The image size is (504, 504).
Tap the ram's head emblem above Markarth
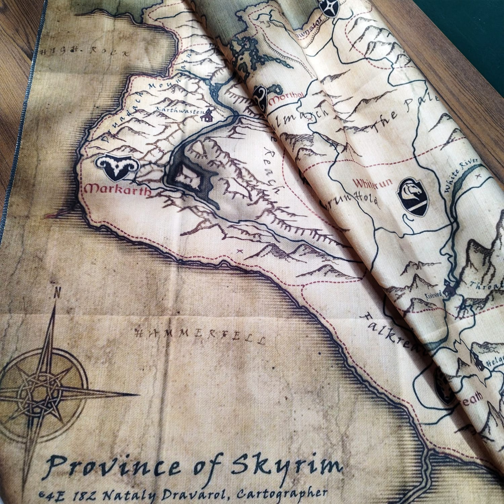pyautogui.click(x=116, y=167)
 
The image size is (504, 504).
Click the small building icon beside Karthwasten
pyautogui.click(x=206, y=116)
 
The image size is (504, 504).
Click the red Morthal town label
pyautogui.click(x=286, y=97)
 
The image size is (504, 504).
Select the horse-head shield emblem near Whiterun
pyautogui.click(x=413, y=196)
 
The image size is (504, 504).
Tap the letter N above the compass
pyautogui.click(x=57, y=292)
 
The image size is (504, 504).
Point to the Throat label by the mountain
pyautogui.click(x=492, y=285)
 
